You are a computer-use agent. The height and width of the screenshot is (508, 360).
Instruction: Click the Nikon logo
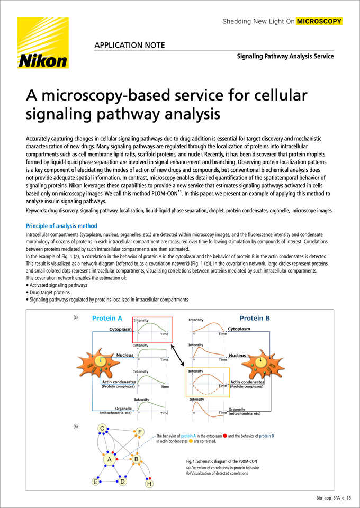(x=43, y=43)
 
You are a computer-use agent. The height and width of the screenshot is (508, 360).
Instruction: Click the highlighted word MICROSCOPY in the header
(x=319, y=21)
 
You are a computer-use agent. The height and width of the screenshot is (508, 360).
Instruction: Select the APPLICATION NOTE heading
(x=130, y=45)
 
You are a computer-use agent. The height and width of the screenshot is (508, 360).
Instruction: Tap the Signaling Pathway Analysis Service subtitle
(x=285, y=57)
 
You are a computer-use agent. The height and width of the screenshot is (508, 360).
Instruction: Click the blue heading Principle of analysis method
(x=61, y=226)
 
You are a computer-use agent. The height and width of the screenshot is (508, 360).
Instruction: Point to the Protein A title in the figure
(x=107, y=318)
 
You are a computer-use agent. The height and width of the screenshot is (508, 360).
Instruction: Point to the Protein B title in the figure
(x=255, y=318)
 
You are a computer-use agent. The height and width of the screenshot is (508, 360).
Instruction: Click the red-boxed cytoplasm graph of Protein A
(x=152, y=330)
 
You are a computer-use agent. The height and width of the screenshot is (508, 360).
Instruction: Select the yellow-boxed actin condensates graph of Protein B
(x=208, y=382)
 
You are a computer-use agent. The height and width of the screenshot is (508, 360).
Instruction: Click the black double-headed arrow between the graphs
(x=179, y=356)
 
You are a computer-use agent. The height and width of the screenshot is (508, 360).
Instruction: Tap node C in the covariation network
(x=102, y=429)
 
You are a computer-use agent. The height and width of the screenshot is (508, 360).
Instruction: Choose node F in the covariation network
(x=140, y=432)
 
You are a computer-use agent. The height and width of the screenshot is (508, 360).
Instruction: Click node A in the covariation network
(x=110, y=459)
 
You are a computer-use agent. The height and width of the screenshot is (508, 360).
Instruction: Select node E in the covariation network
(x=95, y=482)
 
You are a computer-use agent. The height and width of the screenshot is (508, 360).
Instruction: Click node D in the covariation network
(x=122, y=482)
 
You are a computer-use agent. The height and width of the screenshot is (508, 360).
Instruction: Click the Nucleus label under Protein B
(x=238, y=356)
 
